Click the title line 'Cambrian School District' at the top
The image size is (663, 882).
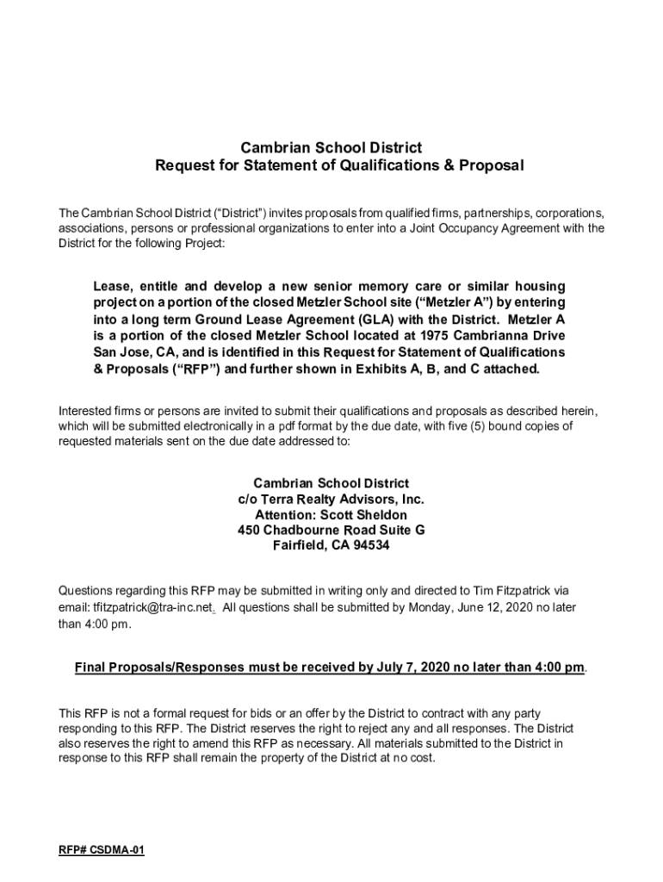coord(331,147)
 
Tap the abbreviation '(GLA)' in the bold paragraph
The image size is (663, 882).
coord(358,320)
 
